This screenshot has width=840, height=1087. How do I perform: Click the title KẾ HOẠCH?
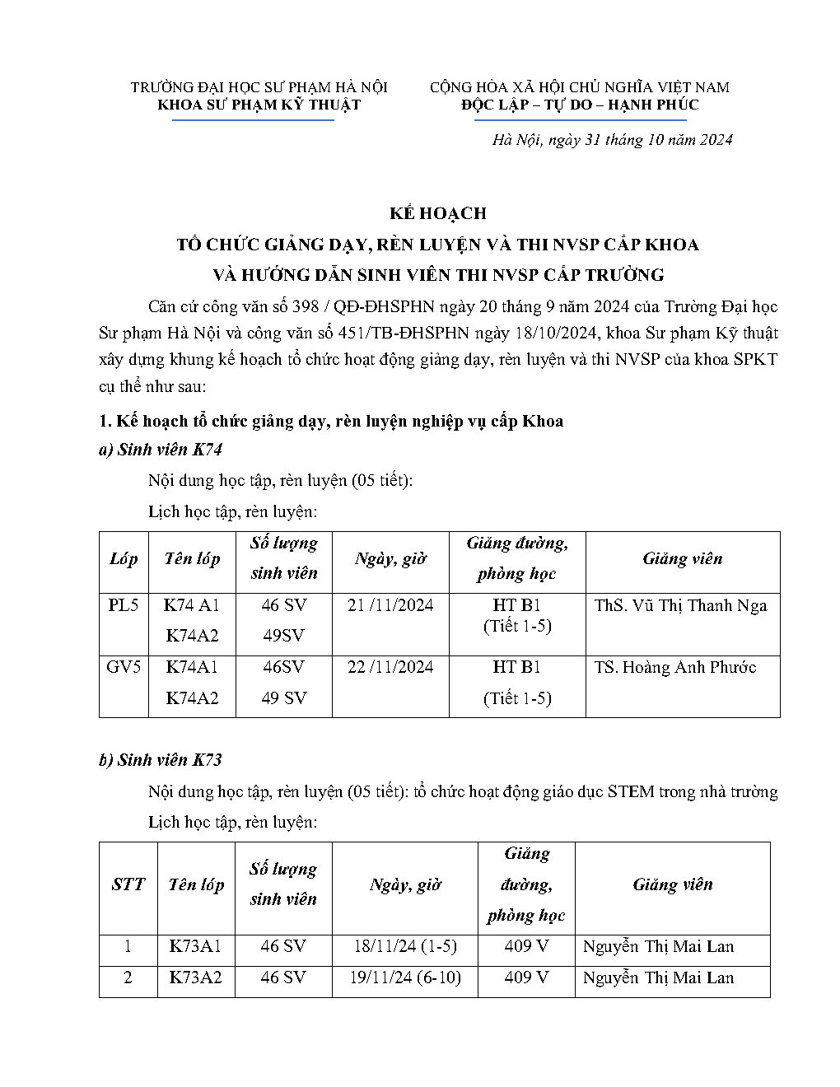[438, 213]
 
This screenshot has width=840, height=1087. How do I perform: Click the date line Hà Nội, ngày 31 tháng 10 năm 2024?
[612, 140]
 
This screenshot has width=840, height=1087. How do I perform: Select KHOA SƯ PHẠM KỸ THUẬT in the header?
[259, 105]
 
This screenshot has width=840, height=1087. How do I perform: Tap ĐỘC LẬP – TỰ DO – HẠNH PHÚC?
[580, 105]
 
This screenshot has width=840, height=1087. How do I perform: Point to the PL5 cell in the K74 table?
[124, 605]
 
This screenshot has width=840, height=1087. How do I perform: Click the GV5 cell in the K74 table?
[124, 667]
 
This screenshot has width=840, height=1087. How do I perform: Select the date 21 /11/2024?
[390, 605]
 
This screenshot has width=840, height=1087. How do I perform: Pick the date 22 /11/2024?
[390, 667]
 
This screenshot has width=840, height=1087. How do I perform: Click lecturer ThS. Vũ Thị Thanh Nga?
[680, 605]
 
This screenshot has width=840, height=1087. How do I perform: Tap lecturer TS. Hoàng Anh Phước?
[675, 667]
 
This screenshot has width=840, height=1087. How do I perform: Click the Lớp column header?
[124, 559]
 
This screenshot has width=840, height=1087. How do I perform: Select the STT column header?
[128, 884]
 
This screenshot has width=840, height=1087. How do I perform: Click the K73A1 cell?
[195, 946]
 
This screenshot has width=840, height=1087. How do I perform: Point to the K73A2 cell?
[195, 977]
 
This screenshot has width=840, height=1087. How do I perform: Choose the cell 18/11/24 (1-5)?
[404, 946]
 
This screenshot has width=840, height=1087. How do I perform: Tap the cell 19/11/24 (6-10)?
[404, 977]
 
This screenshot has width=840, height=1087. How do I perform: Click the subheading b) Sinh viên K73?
[161, 760]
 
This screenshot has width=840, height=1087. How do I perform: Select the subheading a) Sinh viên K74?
[161, 450]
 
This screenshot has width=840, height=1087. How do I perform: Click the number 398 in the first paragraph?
[306, 307]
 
